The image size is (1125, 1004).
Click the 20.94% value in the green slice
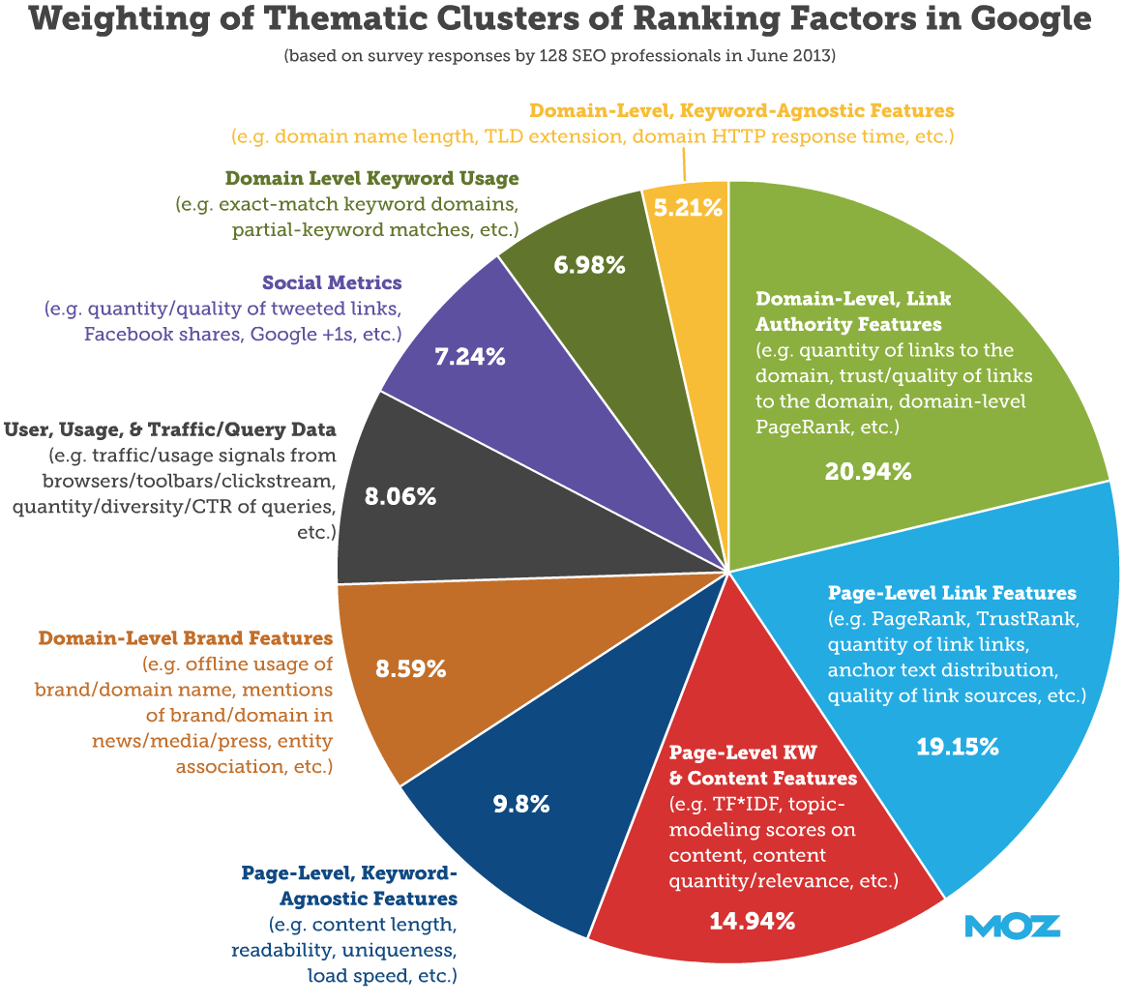coord(868,471)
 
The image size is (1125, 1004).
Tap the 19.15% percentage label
coord(957,746)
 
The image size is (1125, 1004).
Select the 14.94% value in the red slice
coord(753,920)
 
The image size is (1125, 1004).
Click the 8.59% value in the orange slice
coord(410,667)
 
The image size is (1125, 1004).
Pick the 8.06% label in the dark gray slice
coord(400,497)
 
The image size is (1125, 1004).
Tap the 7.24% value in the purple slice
coord(470,356)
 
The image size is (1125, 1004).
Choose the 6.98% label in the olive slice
coord(589,263)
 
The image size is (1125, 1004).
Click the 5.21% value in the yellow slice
coord(689,207)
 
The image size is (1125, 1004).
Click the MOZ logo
coord(1013,926)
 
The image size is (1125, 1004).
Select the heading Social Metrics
coord(331,283)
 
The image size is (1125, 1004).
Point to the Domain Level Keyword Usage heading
coord(371,179)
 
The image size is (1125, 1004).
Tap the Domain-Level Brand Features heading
coord(186,638)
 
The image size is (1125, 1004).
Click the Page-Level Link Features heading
coord(952,592)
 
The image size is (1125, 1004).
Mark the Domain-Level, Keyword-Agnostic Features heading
coord(742,111)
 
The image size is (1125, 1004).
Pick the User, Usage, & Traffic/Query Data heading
coord(170,428)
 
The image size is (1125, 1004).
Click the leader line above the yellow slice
coord(684,164)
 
